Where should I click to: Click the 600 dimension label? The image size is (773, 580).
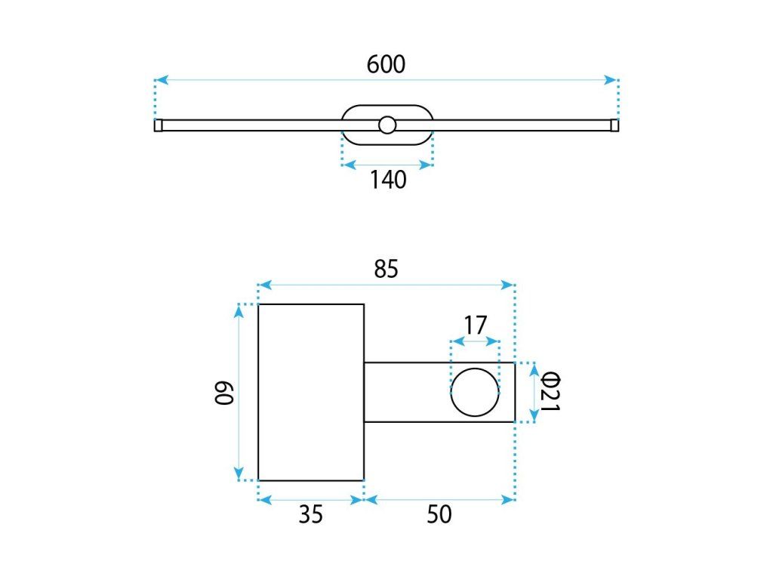tap(386, 65)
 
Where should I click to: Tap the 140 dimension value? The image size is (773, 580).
tap(388, 180)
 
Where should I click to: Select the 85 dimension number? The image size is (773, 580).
tap(386, 269)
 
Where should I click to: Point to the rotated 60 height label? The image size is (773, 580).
tap(223, 392)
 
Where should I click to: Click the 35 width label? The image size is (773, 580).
tap(310, 514)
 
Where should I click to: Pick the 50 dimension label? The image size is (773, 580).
tap(439, 514)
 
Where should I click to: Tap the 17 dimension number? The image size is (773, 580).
tap(476, 325)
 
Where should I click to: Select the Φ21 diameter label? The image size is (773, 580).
tap(550, 392)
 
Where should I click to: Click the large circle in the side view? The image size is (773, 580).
tap(476, 369)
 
